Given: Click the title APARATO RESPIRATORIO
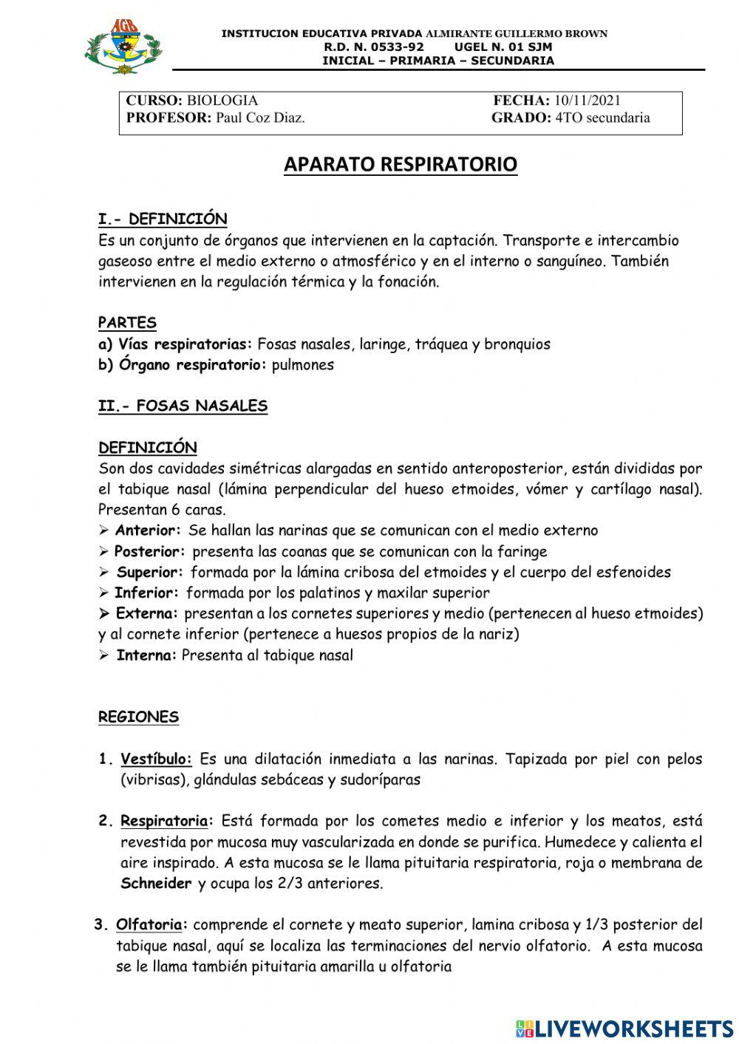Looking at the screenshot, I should (401, 164).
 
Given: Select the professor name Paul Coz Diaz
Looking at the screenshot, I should (260, 118).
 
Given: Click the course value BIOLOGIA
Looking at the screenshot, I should (222, 100).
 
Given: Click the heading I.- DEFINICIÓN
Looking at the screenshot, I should (163, 219).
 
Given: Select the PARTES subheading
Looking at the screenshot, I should (127, 323).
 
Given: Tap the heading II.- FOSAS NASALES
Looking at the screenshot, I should (183, 406).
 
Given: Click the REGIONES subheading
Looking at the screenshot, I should (138, 717).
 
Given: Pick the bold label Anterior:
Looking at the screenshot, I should (148, 530).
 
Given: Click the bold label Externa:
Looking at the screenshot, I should (147, 613).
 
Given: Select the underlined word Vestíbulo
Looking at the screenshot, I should (155, 759).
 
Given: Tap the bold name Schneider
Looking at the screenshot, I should (156, 884).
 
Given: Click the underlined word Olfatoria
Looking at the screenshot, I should (150, 924).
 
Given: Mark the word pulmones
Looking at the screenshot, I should (303, 365).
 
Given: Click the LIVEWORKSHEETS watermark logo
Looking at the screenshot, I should (624, 1028).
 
